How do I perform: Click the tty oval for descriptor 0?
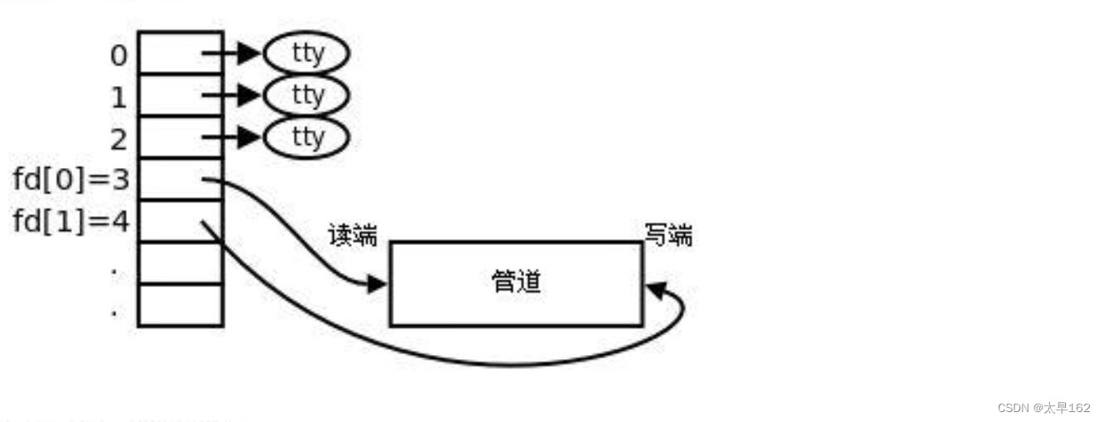point(306,54)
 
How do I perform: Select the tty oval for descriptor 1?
point(306,95)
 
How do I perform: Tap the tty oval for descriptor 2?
point(306,137)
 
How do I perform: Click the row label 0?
point(119,55)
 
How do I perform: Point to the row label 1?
point(119,98)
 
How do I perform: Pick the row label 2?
point(119,139)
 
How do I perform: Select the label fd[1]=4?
point(72,222)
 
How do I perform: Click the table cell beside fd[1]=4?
point(181,221)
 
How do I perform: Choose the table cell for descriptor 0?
point(181,53)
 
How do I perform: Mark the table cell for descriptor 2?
point(181,137)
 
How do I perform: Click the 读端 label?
point(353,236)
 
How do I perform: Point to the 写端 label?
point(668,236)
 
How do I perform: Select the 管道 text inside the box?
point(516,282)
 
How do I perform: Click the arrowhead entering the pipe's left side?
point(378,284)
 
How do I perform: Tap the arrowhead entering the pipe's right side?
point(654,290)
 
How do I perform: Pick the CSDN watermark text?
point(1043,408)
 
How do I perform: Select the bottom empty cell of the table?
point(181,305)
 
